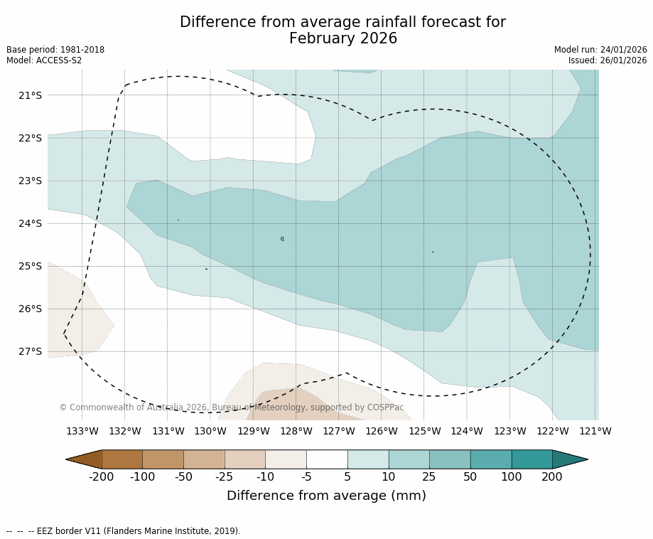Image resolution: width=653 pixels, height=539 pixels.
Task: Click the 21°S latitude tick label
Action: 30,95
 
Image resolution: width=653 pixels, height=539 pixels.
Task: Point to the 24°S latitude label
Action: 30,223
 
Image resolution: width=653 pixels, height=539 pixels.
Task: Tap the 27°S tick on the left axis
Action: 30,351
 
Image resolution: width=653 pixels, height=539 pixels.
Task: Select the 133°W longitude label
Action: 82,431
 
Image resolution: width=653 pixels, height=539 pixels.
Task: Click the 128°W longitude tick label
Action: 296,431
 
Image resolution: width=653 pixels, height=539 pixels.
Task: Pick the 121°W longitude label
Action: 595,431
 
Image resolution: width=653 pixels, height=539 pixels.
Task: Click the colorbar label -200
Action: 102,477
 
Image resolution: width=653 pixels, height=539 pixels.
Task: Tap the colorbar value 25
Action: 429,477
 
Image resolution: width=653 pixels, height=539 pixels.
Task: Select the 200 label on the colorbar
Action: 552,477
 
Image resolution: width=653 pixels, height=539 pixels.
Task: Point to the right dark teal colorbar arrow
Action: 570,459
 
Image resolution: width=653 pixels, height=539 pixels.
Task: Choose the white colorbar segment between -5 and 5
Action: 327,459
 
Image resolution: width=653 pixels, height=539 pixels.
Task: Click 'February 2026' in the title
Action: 343,39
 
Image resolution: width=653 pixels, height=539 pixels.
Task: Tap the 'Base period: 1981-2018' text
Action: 55,50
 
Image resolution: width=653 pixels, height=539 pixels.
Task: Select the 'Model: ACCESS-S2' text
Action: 44,60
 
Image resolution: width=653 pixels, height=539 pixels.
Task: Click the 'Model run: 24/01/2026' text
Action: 600,50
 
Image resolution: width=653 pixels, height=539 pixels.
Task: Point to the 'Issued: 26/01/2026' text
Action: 608,60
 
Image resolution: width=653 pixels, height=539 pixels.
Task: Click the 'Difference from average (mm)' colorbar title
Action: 326,496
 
